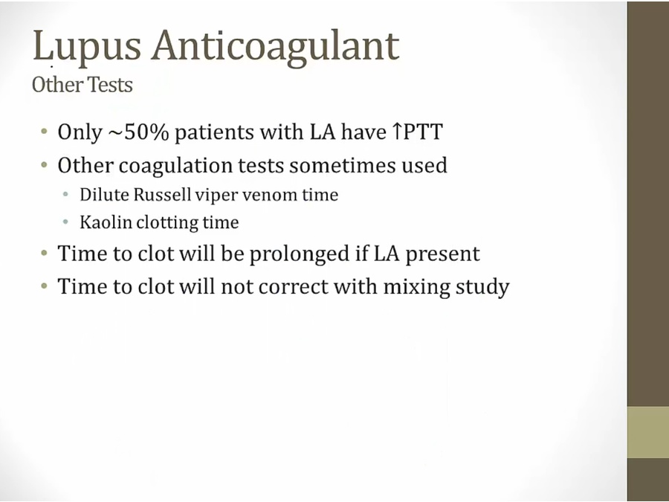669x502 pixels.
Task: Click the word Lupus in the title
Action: pyautogui.click(x=87, y=47)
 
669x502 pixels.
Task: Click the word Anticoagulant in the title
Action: pyautogui.click(x=276, y=47)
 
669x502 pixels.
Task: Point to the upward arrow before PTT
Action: pyautogui.click(x=397, y=132)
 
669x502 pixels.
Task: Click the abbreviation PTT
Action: pyautogui.click(x=422, y=132)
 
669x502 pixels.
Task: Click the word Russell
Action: pyautogui.click(x=162, y=195)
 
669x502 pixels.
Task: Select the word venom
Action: pyautogui.click(x=270, y=195)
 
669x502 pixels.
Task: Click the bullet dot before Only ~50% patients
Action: pyautogui.click(x=45, y=132)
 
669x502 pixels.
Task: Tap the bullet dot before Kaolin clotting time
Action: pyautogui.click(x=65, y=222)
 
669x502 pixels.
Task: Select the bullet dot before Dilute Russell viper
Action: pyautogui.click(x=65, y=195)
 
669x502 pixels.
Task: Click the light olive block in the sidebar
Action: pyautogui.click(x=648, y=432)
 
